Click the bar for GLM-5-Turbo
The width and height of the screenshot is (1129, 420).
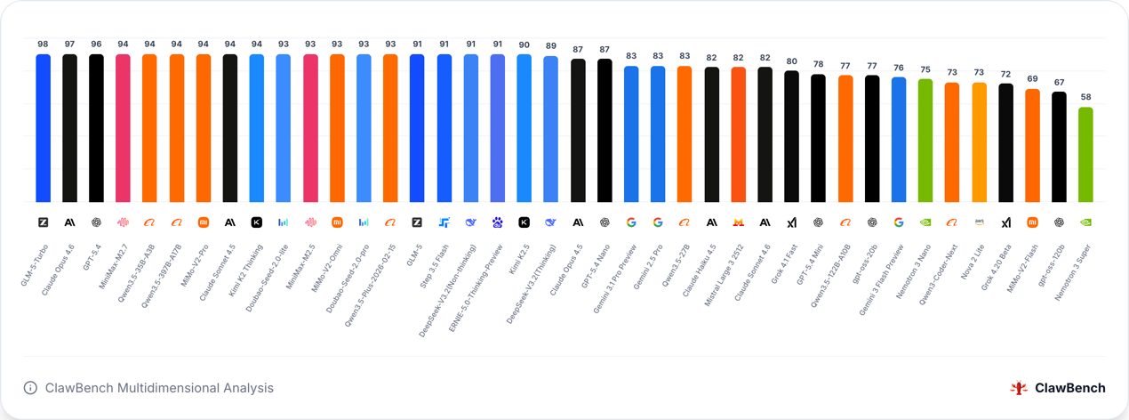click(x=43, y=128)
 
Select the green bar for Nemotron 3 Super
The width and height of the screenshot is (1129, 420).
click(x=1085, y=155)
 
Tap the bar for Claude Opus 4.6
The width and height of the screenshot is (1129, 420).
click(x=69, y=128)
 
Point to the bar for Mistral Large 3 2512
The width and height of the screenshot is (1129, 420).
click(x=738, y=134)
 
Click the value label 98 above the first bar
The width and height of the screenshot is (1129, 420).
click(x=43, y=44)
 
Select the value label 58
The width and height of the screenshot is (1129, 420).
click(x=1085, y=97)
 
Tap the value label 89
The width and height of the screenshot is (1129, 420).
click(x=550, y=46)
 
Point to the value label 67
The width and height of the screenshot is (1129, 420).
click(x=1059, y=82)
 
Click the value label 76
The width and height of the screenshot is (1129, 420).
click(x=899, y=68)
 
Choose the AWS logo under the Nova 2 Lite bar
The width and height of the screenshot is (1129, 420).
click(x=979, y=222)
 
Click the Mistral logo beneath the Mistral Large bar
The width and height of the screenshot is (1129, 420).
click(x=738, y=222)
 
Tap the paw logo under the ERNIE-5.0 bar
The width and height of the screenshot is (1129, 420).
click(x=497, y=222)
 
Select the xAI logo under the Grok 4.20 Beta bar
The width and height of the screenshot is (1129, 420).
click(x=1005, y=222)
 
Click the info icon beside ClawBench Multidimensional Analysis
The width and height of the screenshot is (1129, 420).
click(x=30, y=388)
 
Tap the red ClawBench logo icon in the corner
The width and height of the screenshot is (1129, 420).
click(x=1019, y=388)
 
